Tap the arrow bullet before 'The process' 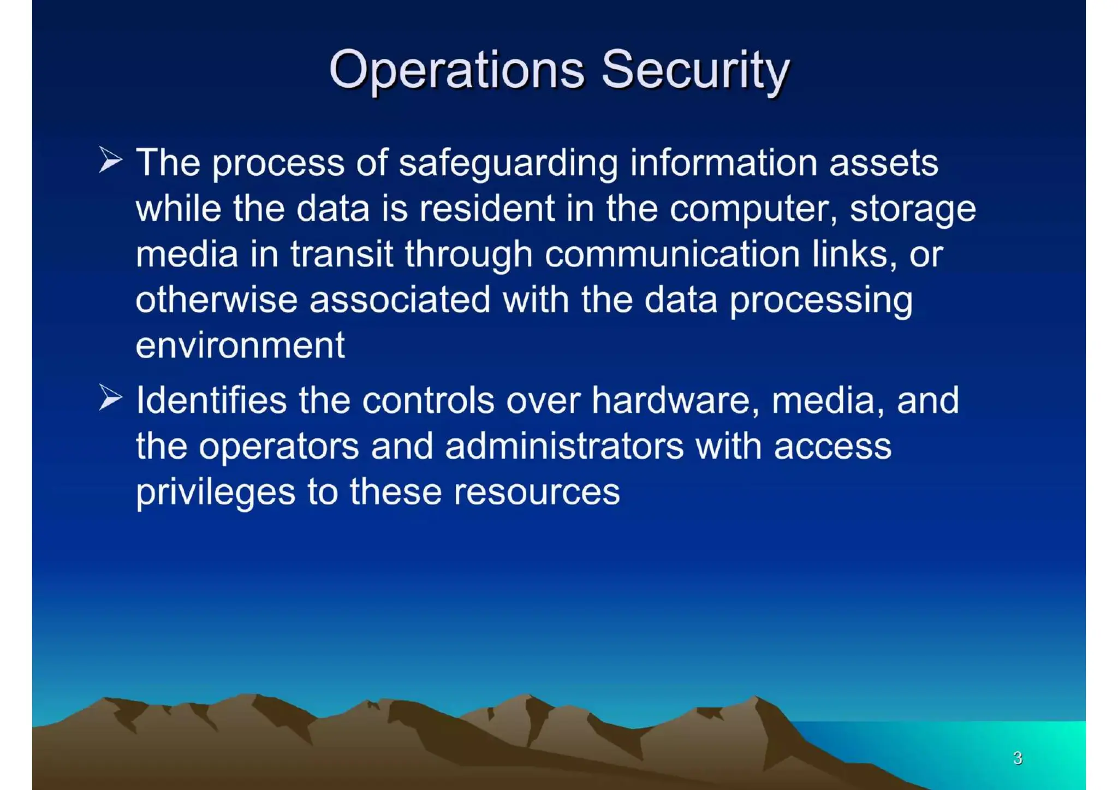coord(110,160)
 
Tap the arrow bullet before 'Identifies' coord(110,397)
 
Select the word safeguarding coord(508,163)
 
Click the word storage coord(913,210)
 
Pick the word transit coord(341,254)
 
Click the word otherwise coord(216,300)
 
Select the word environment coord(240,346)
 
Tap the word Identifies coord(211,400)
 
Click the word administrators coord(564,446)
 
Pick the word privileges coord(216,492)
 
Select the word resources coord(537,492)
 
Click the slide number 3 coord(1018,758)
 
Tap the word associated coord(400,300)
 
